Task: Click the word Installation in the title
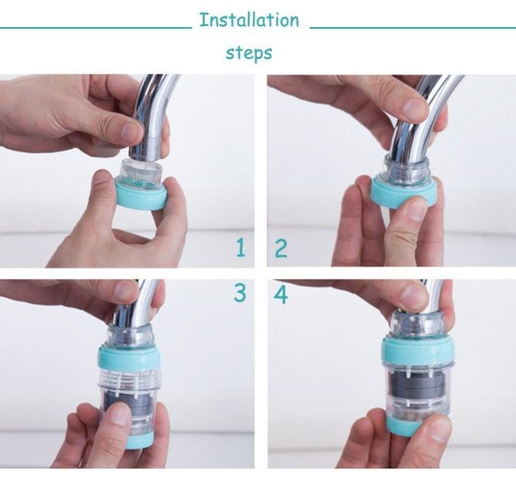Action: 249,20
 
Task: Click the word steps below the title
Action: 249,52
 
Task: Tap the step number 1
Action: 241,248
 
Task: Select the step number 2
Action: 281,249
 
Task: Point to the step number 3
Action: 240,293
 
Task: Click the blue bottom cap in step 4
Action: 403,425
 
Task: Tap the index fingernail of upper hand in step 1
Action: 130,132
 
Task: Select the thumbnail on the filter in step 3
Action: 118,414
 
